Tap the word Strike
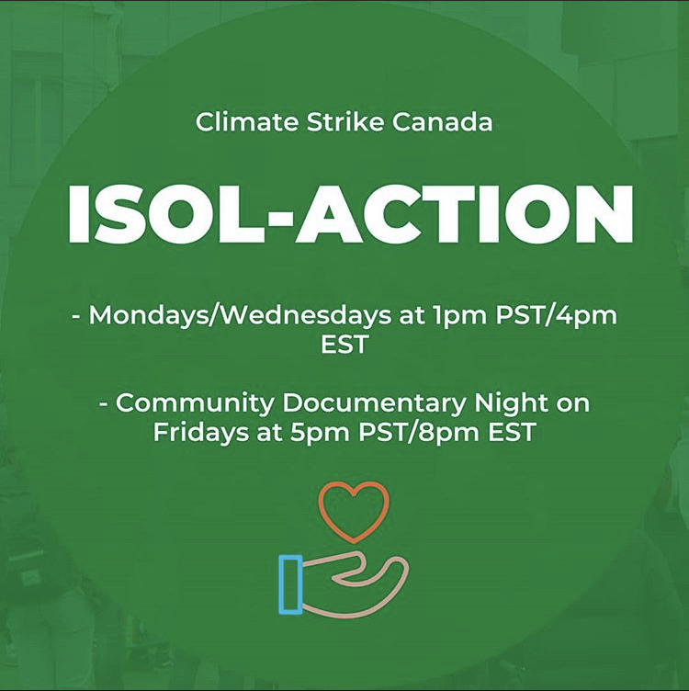(x=345, y=121)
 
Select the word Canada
(x=442, y=121)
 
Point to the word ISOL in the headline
(x=166, y=214)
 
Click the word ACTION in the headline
(x=464, y=214)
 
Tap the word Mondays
(x=149, y=315)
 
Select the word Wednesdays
(x=306, y=315)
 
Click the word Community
(x=194, y=403)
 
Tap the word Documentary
(x=374, y=403)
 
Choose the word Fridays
(x=200, y=432)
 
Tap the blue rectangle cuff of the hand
(x=280, y=584)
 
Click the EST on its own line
(x=344, y=345)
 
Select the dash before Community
(x=104, y=403)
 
